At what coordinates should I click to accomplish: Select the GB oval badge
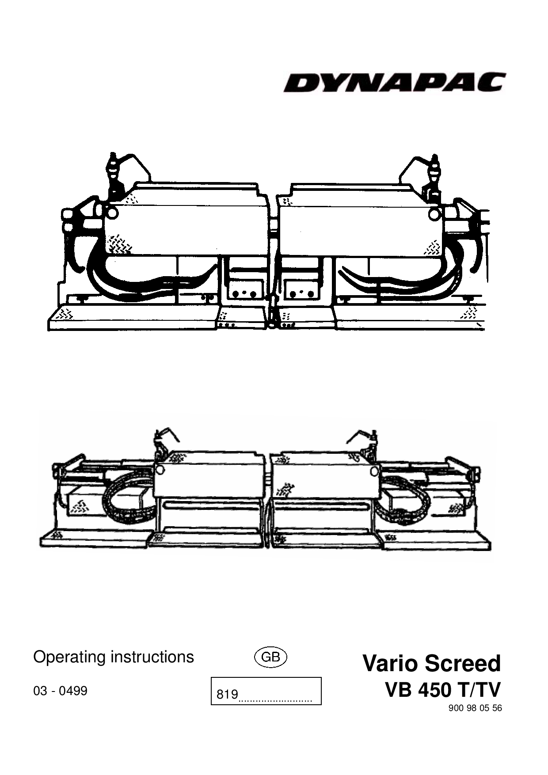(x=271, y=657)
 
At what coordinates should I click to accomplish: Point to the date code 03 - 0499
(x=61, y=691)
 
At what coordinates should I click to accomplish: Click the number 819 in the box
(x=227, y=695)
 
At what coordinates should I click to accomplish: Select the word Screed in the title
(x=464, y=664)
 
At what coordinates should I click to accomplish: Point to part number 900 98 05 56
(x=475, y=708)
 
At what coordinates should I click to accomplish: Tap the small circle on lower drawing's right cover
(x=375, y=469)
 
